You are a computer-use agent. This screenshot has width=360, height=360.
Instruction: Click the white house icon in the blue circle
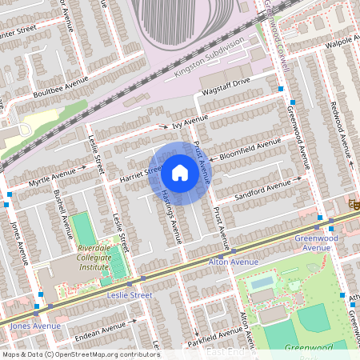[180, 172]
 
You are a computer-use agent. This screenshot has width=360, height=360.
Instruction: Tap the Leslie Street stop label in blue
[129, 295]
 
